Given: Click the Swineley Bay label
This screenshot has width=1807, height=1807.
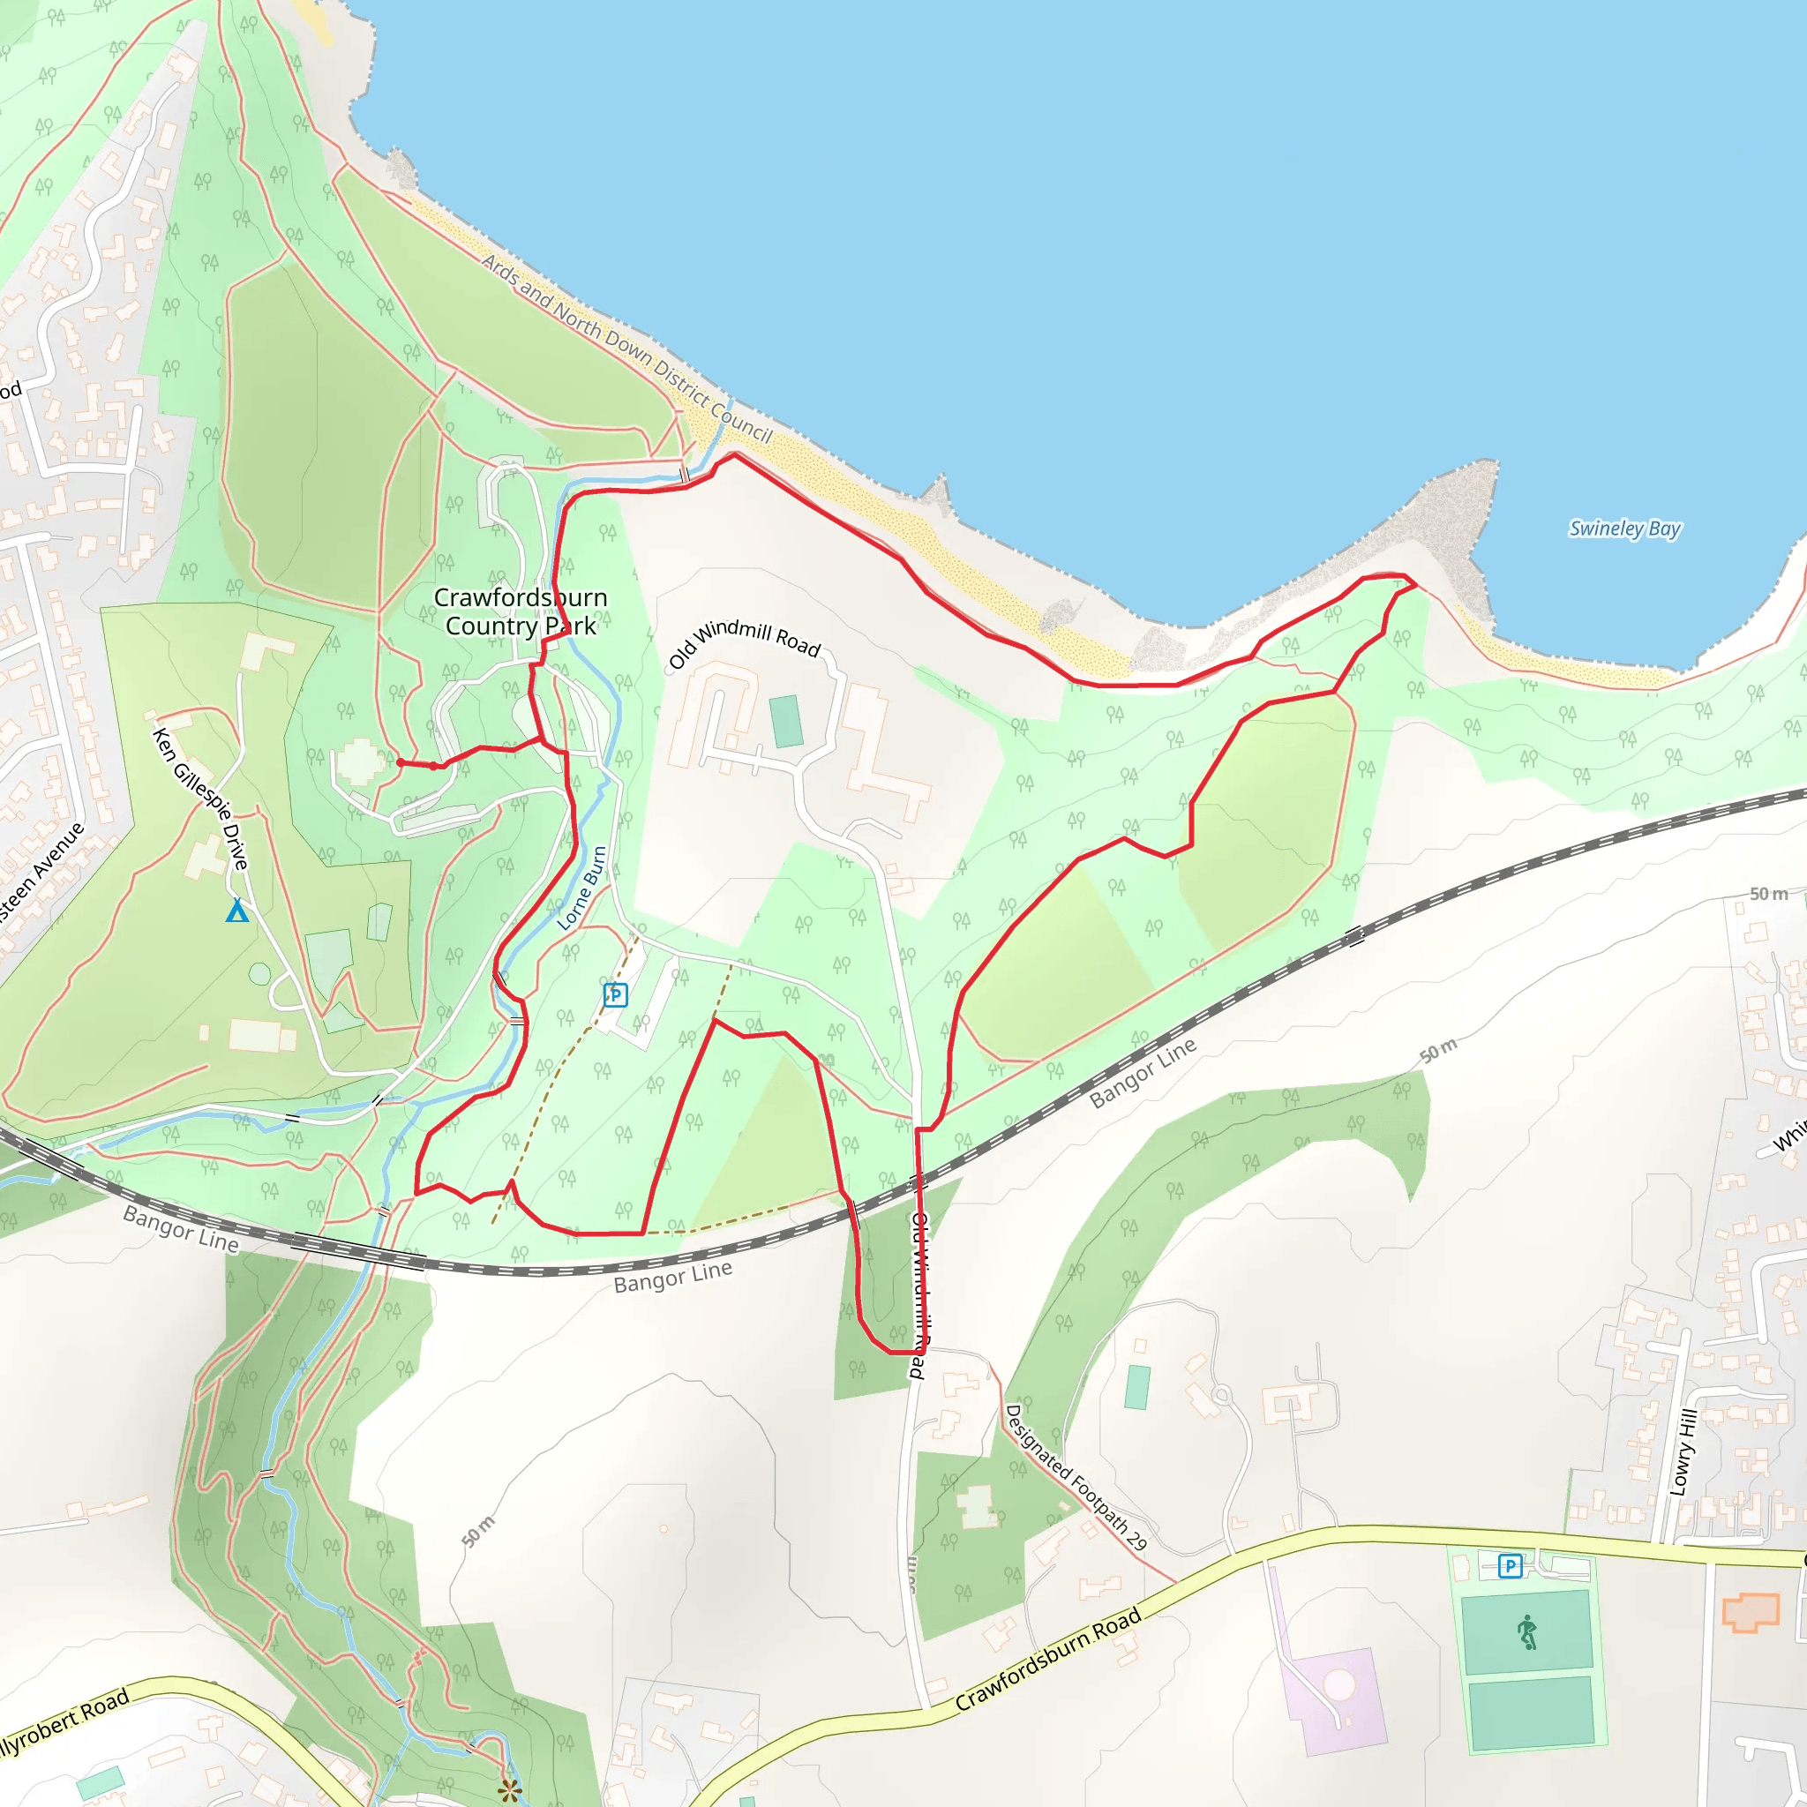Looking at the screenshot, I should coord(1624,529).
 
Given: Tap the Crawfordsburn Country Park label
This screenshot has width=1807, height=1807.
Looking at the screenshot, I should coord(521,611).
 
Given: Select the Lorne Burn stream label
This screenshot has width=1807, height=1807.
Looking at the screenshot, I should coord(581,888).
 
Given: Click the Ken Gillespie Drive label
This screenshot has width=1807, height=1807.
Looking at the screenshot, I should coord(201,799).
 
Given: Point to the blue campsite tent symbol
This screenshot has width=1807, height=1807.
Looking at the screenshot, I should coord(237,910).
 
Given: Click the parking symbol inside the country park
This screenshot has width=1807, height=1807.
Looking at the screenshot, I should coord(614,995).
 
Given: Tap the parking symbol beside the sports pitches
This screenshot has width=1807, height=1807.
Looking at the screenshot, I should coord(1510,1566).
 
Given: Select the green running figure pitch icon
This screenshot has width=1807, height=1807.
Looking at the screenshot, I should coord(1527,1632).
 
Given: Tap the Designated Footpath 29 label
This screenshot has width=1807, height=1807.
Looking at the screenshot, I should coord(1076,1477).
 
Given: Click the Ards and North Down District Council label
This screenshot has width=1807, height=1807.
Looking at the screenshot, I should coord(626,348).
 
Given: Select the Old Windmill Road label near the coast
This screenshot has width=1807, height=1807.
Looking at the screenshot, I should coord(745,641).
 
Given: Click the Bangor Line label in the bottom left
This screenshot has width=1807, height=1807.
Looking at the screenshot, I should coord(182,1229).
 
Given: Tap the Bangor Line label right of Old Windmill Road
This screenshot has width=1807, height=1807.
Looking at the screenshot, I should coord(1143,1073).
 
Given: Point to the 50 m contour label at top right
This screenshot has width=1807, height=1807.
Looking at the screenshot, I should coord(1769,894).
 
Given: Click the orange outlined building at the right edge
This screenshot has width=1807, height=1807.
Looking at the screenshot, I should coord(1751,1613).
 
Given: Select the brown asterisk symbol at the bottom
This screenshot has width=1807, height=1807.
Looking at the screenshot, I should coord(510,1791).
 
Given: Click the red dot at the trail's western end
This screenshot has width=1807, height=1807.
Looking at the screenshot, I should coord(401,762).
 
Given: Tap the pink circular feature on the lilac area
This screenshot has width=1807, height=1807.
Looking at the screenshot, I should coord(1339,1685).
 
